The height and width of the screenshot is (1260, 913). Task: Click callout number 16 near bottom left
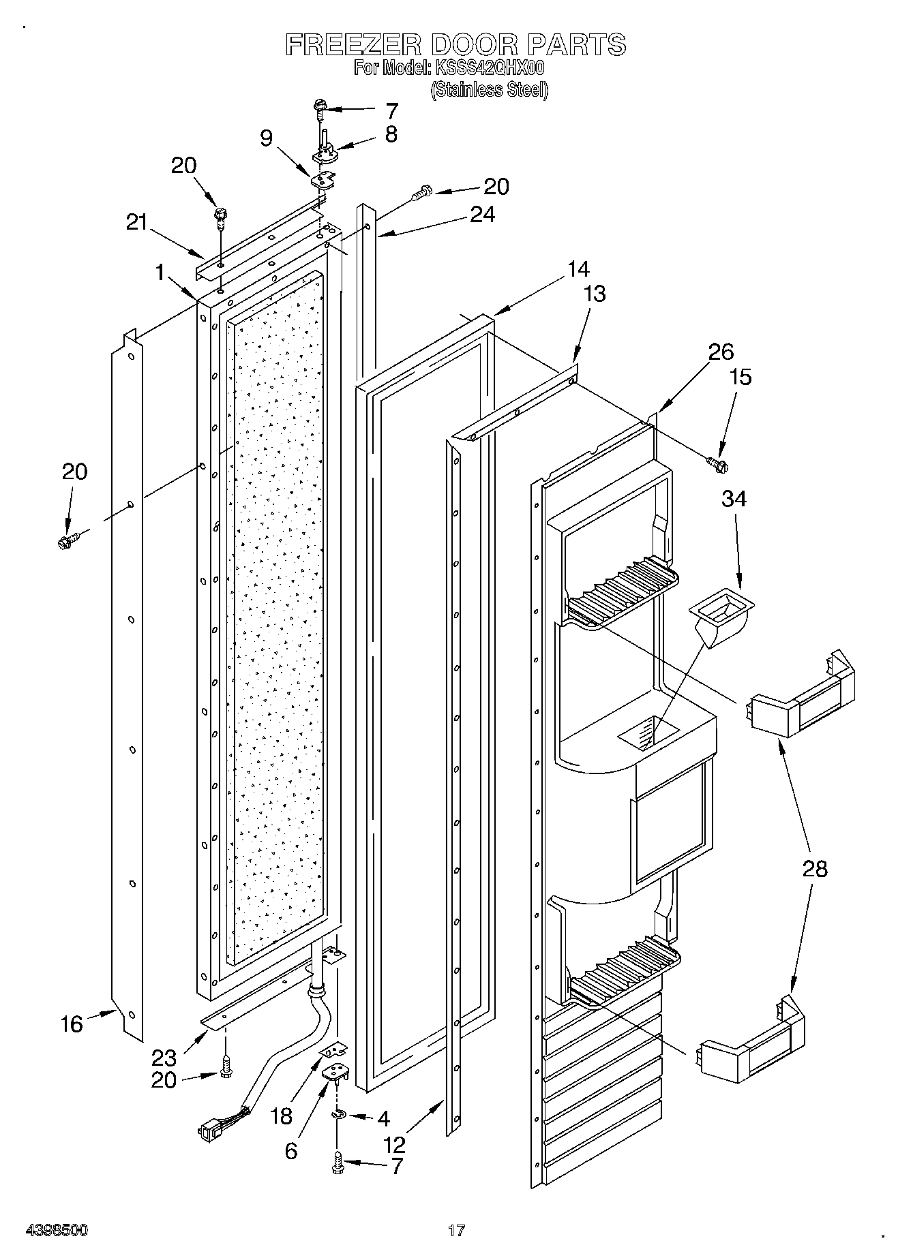pos(72,1024)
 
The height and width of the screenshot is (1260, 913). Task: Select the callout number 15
pos(740,377)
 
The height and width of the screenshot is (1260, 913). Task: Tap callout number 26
pos(721,352)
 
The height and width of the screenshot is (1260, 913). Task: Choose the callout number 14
pos(578,269)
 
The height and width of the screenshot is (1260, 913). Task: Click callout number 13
pos(595,294)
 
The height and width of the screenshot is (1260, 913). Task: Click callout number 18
pos(281,1116)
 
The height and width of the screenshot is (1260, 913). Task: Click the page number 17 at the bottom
pos(456,1231)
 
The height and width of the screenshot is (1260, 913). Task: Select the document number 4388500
pos(57,1231)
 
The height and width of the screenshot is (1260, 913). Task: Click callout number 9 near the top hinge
pos(267,139)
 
